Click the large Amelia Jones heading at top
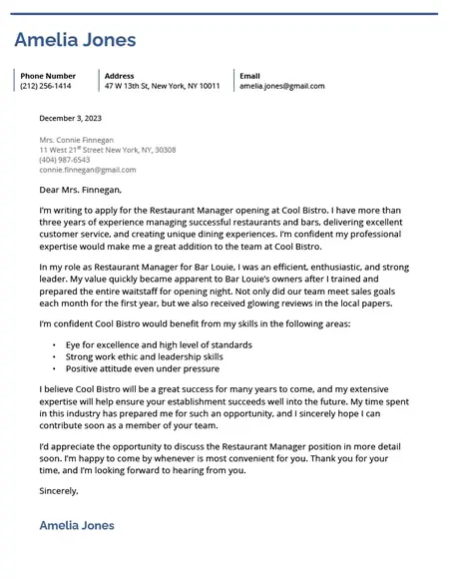click(75, 41)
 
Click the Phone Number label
click(48, 76)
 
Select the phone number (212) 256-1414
click(46, 87)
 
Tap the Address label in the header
click(119, 76)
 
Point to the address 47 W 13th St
click(162, 87)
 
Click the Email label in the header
click(249, 76)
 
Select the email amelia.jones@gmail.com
click(281, 87)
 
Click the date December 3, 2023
click(70, 119)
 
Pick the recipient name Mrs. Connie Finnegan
click(76, 140)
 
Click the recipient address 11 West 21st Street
click(107, 150)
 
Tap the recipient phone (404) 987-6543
click(64, 160)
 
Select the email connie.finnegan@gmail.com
click(87, 170)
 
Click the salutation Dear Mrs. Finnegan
click(80, 190)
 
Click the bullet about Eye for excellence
click(159, 344)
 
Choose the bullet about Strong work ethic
click(144, 356)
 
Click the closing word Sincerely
click(58, 491)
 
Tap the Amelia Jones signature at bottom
click(76, 525)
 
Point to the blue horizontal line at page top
click(224, 14)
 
